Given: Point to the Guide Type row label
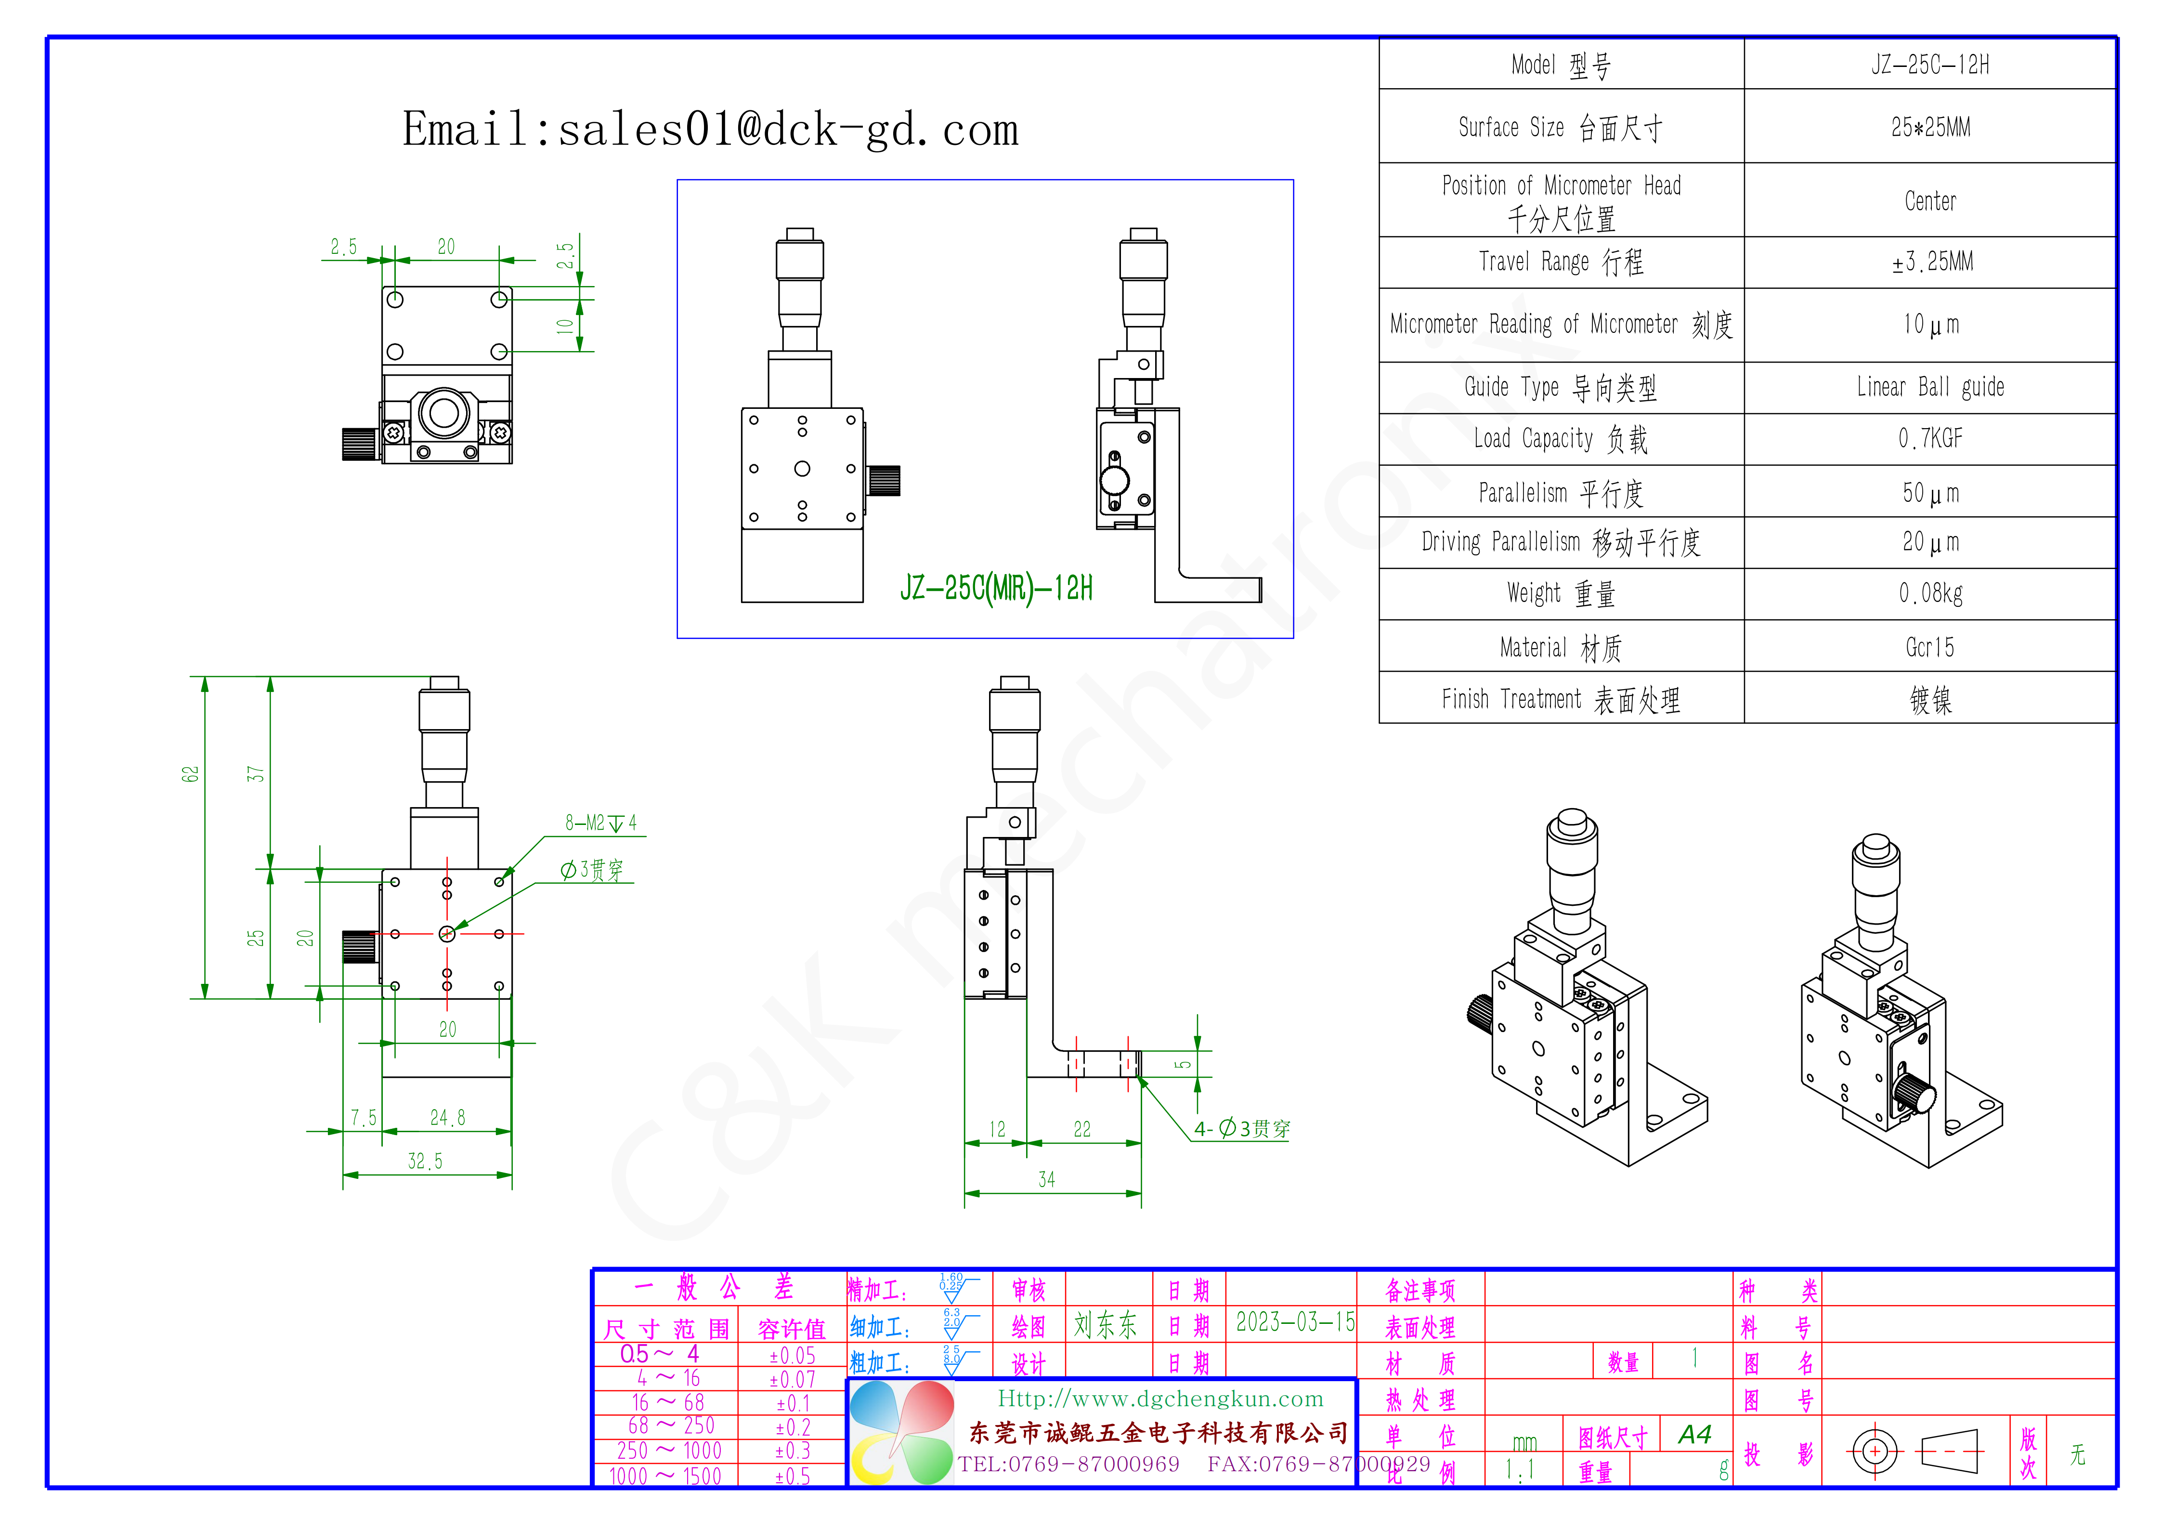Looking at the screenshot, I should [1560, 387].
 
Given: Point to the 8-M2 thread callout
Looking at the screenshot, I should [600, 823].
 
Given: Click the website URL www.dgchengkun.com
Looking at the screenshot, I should [1160, 1399].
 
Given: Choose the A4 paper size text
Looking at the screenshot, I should [1694, 1435].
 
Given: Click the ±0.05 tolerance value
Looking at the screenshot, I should [792, 1356].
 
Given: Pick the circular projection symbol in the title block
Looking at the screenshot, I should [1874, 1451].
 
